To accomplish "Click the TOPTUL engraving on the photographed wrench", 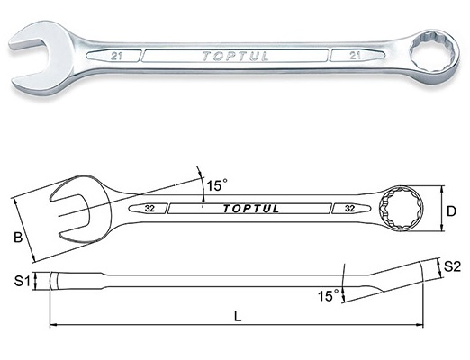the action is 235,57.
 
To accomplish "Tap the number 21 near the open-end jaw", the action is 116,57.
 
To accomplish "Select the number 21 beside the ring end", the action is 355,56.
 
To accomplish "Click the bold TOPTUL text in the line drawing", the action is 250,209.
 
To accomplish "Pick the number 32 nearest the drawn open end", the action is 149,209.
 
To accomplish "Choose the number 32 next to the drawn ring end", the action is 350,209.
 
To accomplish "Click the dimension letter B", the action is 18,238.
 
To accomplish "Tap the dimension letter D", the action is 451,211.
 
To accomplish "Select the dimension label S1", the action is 23,281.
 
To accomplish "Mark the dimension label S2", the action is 452,266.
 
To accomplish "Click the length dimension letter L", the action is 238,316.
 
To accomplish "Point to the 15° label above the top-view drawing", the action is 217,185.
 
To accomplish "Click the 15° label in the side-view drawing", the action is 329,296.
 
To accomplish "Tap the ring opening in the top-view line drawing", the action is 401,209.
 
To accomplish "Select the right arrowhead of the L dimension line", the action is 420,325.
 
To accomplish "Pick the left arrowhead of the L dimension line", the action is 53,325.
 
